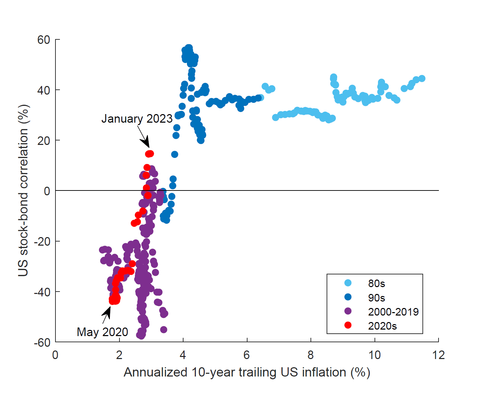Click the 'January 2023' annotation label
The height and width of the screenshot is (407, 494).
(137, 119)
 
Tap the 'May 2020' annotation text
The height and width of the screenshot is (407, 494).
(102, 332)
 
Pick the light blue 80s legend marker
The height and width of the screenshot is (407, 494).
(348, 283)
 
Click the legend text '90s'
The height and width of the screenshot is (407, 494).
(377, 298)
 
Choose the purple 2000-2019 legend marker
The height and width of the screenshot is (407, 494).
(348, 311)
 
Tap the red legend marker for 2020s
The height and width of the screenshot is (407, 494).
(348, 325)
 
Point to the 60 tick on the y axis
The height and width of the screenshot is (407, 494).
(44, 40)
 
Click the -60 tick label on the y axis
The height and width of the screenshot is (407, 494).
(42, 342)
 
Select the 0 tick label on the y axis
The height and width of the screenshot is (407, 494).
(47, 191)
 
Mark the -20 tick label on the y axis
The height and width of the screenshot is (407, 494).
(42, 242)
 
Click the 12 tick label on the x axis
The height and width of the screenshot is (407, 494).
(438, 355)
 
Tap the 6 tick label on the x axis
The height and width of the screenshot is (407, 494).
(247, 355)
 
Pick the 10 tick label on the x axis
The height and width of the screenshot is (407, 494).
(375, 355)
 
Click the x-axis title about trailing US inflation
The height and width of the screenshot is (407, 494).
(247, 372)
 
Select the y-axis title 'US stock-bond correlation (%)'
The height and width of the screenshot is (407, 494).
(23, 190)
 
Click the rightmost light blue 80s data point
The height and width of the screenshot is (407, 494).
(422, 78)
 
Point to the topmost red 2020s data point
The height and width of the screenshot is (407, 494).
(149, 154)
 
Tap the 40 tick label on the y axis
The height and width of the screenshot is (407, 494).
(44, 90)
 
